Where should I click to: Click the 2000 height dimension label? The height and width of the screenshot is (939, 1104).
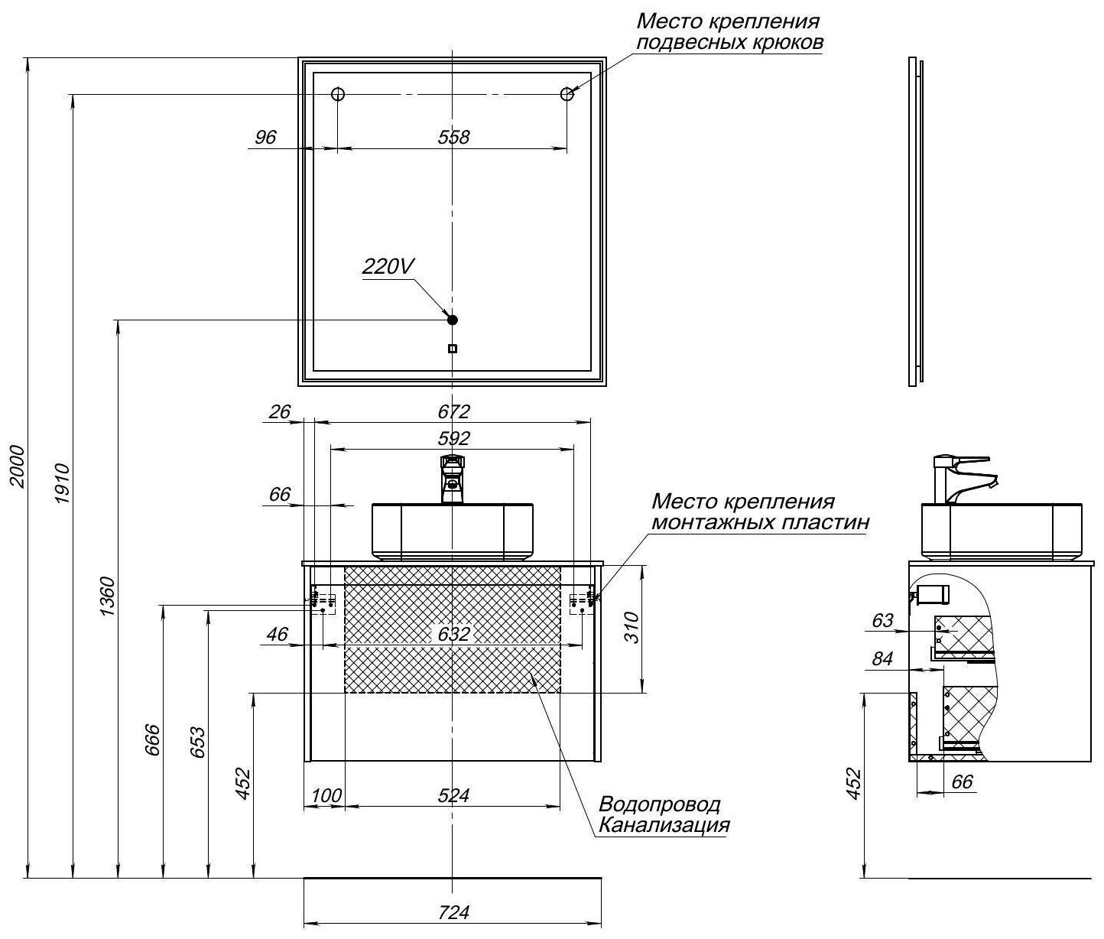click(x=18, y=466)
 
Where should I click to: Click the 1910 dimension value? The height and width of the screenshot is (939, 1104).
click(x=63, y=483)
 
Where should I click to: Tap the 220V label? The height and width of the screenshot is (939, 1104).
click(x=388, y=267)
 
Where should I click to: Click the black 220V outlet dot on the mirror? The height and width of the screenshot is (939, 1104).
click(x=452, y=320)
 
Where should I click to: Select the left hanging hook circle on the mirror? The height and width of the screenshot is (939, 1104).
click(x=338, y=95)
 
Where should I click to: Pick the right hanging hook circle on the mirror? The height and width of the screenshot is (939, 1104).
click(x=567, y=95)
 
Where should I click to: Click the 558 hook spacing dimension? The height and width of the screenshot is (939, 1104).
click(x=453, y=138)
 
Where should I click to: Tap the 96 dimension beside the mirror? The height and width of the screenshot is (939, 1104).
click(x=265, y=138)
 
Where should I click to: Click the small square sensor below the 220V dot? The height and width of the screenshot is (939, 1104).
click(x=452, y=349)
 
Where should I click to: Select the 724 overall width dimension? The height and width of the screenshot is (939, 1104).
click(x=453, y=912)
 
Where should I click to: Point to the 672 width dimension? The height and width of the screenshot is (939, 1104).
click(x=453, y=411)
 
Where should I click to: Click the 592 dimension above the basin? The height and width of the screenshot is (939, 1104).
click(x=453, y=439)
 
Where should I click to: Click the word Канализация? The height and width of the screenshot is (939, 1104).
click(x=664, y=825)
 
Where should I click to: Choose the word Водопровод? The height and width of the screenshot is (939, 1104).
click(x=659, y=804)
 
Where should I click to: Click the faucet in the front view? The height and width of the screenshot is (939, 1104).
click(x=452, y=479)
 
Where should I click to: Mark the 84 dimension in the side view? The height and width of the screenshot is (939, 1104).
click(x=882, y=659)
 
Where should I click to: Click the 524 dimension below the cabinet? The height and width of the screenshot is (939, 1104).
click(x=453, y=796)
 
